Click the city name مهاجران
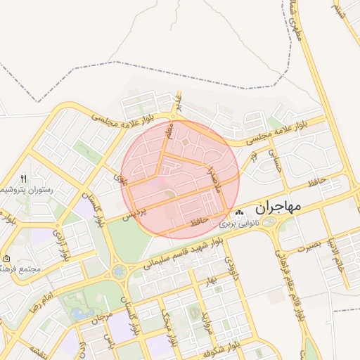(278, 207)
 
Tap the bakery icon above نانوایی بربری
(240, 213)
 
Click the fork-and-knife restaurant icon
(23, 179)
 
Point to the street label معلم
(169, 132)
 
